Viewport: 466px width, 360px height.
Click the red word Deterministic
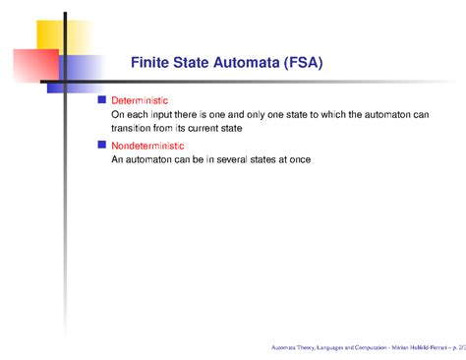tap(140, 101)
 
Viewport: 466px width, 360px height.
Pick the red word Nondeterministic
tap(146, 145)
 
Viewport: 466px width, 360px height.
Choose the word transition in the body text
tap(134, 128)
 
